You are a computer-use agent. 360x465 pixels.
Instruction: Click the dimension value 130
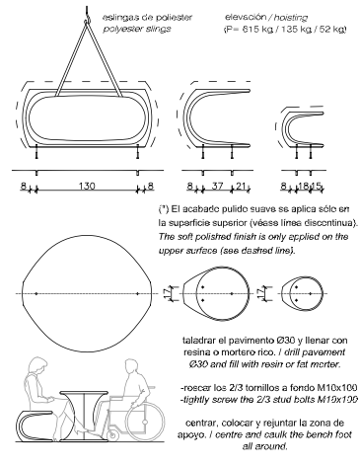coord(87,186)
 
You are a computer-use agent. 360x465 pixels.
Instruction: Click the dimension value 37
coord(217,186)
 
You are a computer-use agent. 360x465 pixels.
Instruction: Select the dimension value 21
coord(241,186)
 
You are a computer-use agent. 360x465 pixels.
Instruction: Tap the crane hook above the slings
coord(87,15)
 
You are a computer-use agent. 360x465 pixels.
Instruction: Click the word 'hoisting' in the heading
coord(291,18)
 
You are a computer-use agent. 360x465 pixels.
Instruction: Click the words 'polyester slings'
coord(137,29)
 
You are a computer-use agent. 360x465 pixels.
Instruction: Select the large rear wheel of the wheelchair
coord(144,422)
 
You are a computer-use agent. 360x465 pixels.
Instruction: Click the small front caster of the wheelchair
coord(112,435)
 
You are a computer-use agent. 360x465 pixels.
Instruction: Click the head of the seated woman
coord(36,366)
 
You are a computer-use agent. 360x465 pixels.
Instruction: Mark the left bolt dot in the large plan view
coord(36,293)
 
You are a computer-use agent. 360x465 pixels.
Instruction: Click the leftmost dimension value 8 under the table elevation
coord(23,186)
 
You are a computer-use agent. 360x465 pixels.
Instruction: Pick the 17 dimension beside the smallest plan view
coord(260,293)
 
